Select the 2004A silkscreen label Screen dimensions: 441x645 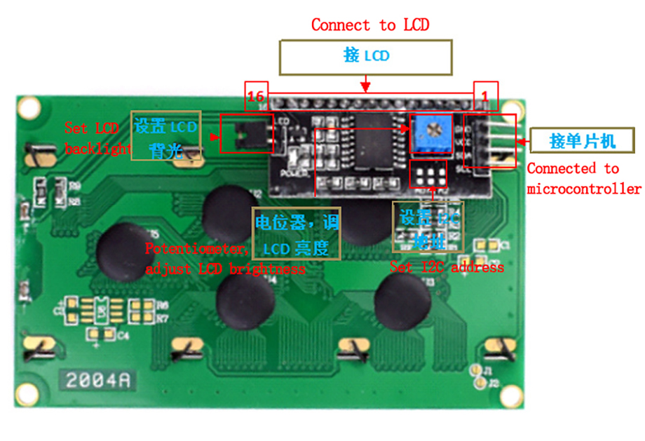click(97, 380)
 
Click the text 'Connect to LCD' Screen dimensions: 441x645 click(369, 25)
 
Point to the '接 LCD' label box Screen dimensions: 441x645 click(365, 56)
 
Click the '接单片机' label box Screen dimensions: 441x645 click(583, 141)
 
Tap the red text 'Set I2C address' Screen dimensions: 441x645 click(447, 267)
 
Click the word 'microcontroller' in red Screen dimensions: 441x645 click(584, 189)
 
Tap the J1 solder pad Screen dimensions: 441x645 click(479, 370)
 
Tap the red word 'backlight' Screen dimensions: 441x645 click(98, 149)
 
